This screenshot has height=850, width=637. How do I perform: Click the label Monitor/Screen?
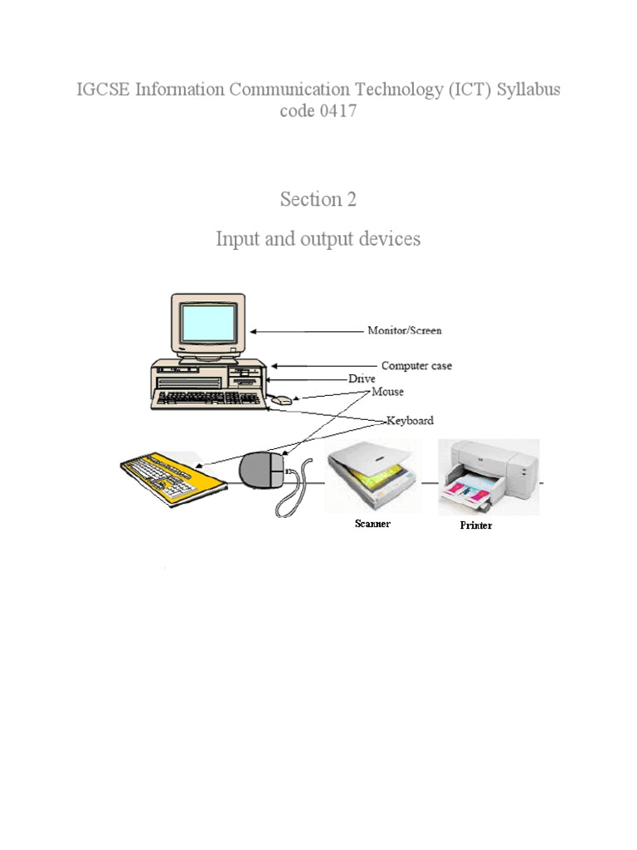(405, 330)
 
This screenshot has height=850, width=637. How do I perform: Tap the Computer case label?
(416, 365)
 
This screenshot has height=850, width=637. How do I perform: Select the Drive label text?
(362, 379)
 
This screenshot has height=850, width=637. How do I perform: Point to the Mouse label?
(387, 391)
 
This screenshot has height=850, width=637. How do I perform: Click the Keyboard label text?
(410, 421)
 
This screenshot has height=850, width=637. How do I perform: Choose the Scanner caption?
(372, 524)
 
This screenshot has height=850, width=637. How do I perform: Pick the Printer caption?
(476, 525)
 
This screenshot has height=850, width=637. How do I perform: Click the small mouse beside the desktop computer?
(283, 401)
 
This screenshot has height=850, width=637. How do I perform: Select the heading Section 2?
(318, 200)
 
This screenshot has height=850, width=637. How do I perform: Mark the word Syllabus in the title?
(528, 89)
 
